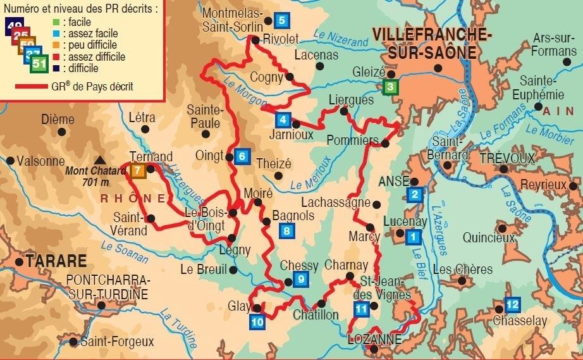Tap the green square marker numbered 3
point(391,87)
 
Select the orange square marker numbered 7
point(138,170)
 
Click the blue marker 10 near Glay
point(257,321)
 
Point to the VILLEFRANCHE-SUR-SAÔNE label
point(423,43)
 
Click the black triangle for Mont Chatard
point(99,161)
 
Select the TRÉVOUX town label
point(506,158)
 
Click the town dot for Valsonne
point(10,161)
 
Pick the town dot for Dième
point(61,132)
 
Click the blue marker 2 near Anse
point(415,194)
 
